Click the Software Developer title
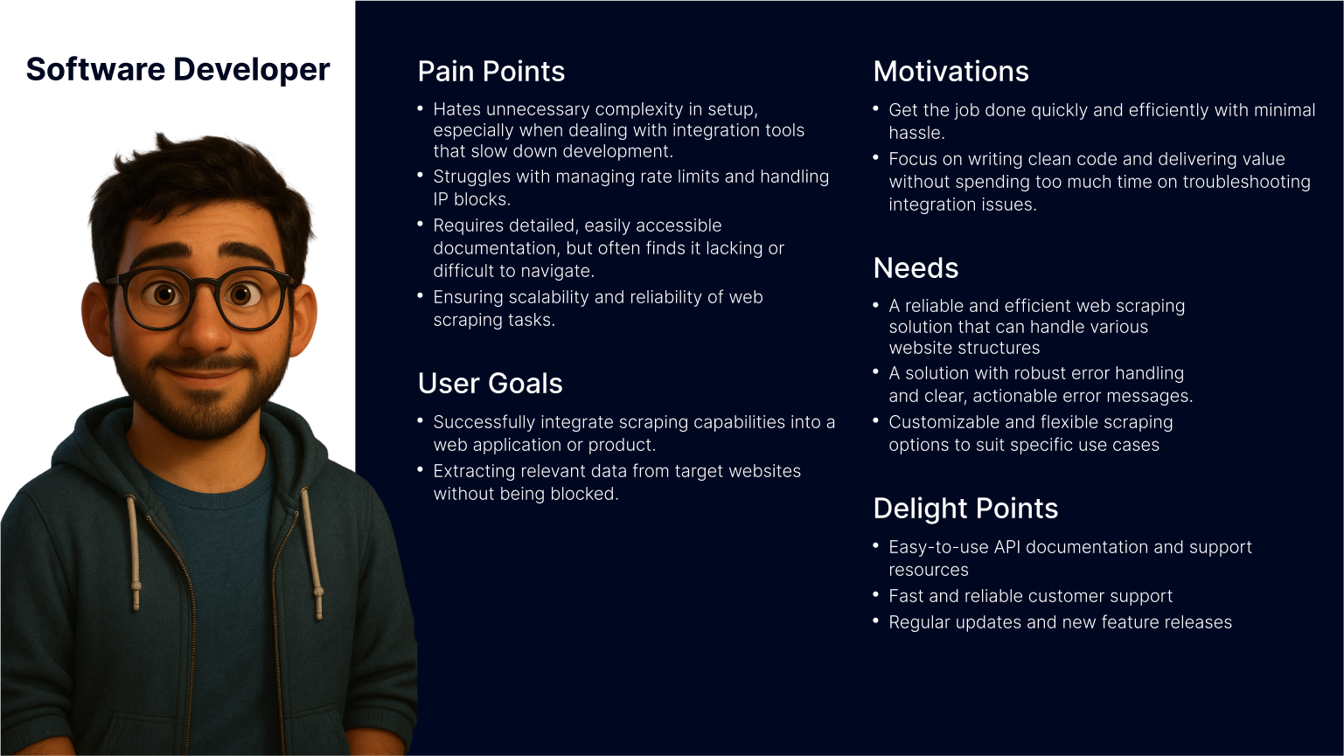coord(178,70)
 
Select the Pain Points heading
coord(491,72)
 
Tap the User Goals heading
coord(490,383)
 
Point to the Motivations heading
coord(951,72)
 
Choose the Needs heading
coord(916,268)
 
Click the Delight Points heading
coord(965,509)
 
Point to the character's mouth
coord(202,370)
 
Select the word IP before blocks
coord(441,199)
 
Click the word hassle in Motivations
coord(916,133)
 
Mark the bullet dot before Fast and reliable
coord(876,594)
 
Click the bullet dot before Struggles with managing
coord(420,175)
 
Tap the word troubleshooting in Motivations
coord(1246,182)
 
